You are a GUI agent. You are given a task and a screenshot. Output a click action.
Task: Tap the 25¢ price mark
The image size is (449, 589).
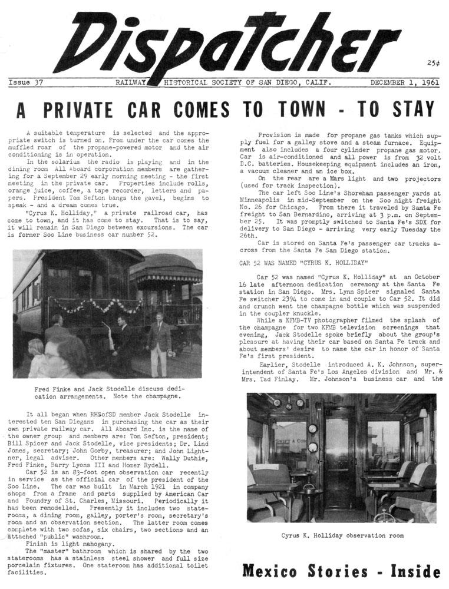tap(433, 63)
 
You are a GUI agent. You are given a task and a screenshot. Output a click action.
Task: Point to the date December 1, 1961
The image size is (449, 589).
tap(404, 83)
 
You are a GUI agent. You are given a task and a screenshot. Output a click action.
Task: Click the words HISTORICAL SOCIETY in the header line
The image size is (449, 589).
tap(207, 83)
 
